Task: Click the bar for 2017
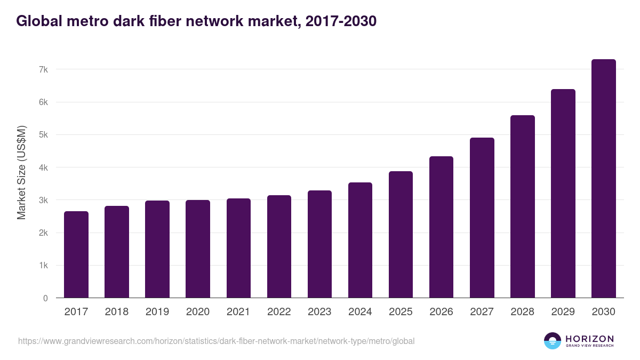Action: tap(76, 254)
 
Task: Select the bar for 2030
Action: tap(603, 179)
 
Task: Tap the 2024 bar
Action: tap(360, 240)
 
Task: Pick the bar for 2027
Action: tap(482, 218)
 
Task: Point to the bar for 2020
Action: tap(198, 249)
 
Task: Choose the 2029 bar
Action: tap(563, 194)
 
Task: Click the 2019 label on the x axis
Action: tap(157, 312)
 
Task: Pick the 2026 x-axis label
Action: tap(441, 312)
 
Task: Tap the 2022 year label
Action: tap(279, 312)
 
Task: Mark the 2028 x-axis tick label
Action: tap(522, 312)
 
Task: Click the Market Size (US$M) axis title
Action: tap(22, 172)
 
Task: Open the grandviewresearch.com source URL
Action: tap(216, 341)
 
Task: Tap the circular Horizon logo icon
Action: tap(552, 341)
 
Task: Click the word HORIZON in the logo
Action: tap(589, 338)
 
